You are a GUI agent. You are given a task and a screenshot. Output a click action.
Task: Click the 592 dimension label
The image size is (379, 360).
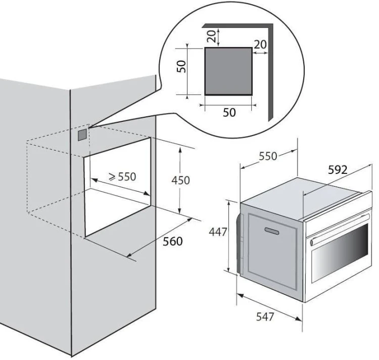338,170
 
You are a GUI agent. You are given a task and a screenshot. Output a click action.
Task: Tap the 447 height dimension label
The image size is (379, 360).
218,232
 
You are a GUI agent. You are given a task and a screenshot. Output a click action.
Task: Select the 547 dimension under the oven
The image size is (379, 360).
265,317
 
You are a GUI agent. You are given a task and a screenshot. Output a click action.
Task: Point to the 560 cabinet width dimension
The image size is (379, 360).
173,241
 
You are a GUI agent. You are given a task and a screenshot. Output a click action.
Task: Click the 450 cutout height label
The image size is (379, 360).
180,181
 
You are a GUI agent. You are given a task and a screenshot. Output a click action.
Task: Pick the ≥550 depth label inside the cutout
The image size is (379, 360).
122,177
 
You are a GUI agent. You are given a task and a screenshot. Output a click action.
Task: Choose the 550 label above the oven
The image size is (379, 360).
268,156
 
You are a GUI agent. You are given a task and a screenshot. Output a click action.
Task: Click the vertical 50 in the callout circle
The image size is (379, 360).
181,66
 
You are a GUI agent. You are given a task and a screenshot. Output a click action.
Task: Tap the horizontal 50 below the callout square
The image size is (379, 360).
229,112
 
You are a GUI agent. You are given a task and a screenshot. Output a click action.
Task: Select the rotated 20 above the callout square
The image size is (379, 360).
211,36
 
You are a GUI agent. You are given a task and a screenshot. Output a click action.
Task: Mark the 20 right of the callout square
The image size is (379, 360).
260,44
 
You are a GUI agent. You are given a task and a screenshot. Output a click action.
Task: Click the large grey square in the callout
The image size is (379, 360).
228,71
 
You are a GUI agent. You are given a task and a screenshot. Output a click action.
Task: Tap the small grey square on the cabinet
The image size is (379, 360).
82,135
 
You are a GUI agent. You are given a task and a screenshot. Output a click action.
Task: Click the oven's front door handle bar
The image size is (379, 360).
340,228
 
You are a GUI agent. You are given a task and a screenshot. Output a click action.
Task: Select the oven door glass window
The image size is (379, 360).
340,254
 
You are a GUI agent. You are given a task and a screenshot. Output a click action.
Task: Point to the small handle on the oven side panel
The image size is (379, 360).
272,231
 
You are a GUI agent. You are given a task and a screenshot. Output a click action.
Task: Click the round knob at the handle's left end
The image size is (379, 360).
312,242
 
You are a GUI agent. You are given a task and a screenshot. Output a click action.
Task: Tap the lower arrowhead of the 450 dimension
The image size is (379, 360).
179,210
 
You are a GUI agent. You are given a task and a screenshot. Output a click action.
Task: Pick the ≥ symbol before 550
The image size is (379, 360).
112,177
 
